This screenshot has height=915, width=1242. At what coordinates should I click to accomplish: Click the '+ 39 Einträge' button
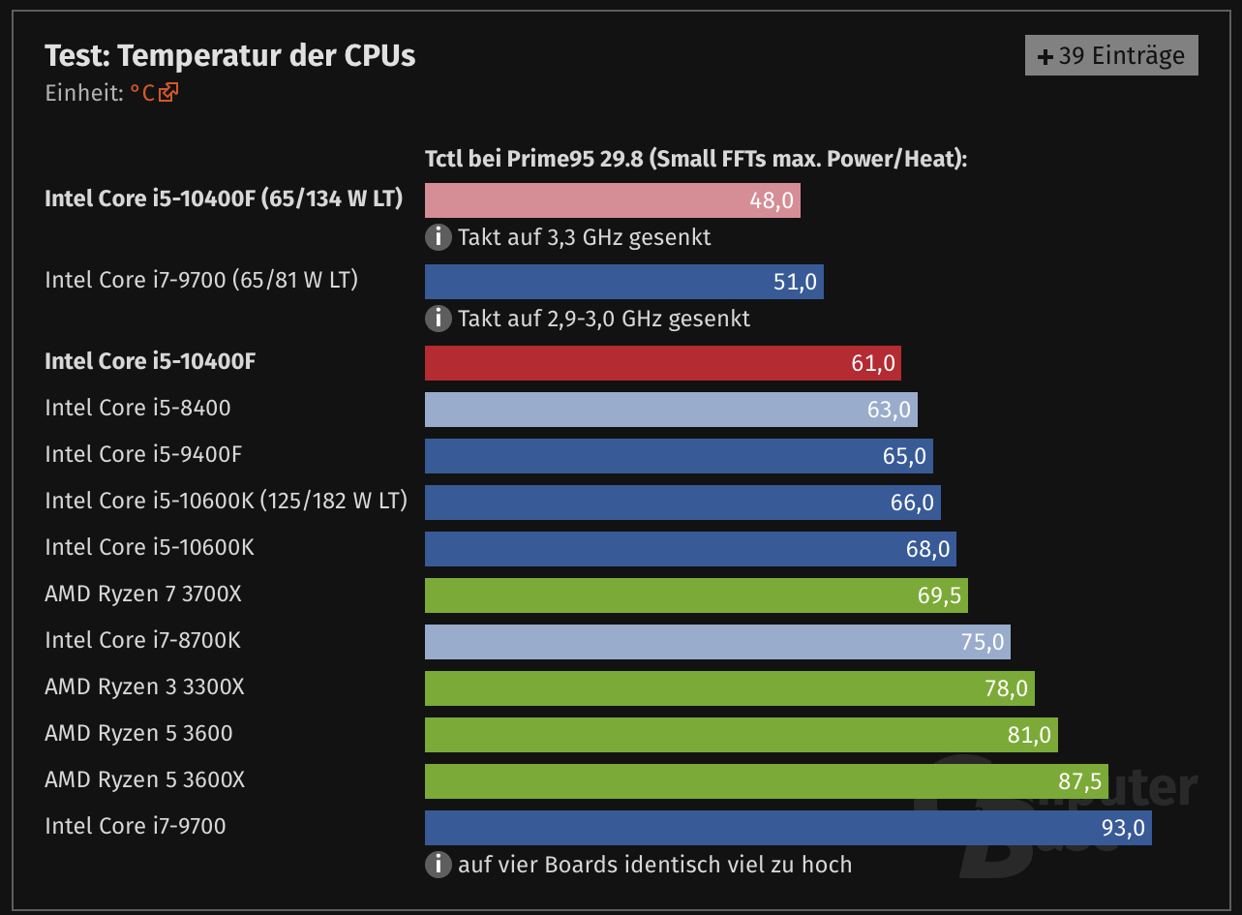[1111, 55]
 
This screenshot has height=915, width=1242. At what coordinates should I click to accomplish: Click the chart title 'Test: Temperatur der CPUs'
[230, 55]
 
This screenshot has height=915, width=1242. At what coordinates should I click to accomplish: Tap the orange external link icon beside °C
[169, 93]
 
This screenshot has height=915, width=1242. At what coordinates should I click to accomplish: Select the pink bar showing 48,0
[612, 200]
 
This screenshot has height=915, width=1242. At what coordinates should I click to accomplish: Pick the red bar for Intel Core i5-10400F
[662, 363]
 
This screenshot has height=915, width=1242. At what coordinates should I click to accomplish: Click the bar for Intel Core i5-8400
[671, 410]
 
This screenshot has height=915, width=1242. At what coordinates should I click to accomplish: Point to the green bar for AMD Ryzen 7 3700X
[696, 595]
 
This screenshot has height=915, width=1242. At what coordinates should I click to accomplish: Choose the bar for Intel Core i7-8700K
[717, 642]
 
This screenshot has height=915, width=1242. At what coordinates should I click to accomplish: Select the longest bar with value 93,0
[788, 828]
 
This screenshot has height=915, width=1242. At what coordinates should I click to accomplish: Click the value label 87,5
[1079, 781]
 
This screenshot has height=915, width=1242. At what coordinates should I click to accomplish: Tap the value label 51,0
[796, 283]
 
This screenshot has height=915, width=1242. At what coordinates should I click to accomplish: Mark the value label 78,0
[1007, 688]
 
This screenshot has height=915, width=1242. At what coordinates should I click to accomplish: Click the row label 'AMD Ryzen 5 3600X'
[144, 779]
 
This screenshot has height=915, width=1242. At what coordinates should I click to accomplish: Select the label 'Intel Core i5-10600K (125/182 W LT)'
[226, 501]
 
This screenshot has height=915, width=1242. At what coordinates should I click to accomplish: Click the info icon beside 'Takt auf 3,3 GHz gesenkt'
[439, 236]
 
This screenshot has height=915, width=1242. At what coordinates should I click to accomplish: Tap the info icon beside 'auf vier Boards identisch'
[439, 864]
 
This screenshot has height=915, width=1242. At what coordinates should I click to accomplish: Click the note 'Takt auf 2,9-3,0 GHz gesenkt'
[604, 319]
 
